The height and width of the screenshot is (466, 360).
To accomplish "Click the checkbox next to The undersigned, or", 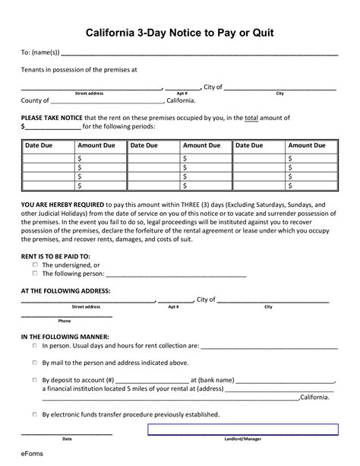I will (34, 265).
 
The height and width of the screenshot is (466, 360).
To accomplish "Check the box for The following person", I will (34, 273).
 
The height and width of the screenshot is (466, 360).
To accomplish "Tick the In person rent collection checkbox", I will (34, 345).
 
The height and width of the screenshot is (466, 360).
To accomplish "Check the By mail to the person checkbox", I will (34, 363).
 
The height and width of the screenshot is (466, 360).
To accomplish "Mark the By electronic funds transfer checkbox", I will (34, 414).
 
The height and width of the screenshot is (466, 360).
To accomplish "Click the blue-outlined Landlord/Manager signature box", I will (242, 430).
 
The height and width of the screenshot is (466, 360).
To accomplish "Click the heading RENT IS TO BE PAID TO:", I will (55, 256).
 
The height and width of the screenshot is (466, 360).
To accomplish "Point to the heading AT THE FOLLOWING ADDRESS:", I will (65, 290).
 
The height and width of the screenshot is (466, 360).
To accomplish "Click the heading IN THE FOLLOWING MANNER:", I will (65, 336).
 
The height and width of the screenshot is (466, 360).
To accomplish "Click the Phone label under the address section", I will (65, 321).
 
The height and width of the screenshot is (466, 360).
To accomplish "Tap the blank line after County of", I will (107, 100).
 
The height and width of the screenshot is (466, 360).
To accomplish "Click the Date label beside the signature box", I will (67, 439).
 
